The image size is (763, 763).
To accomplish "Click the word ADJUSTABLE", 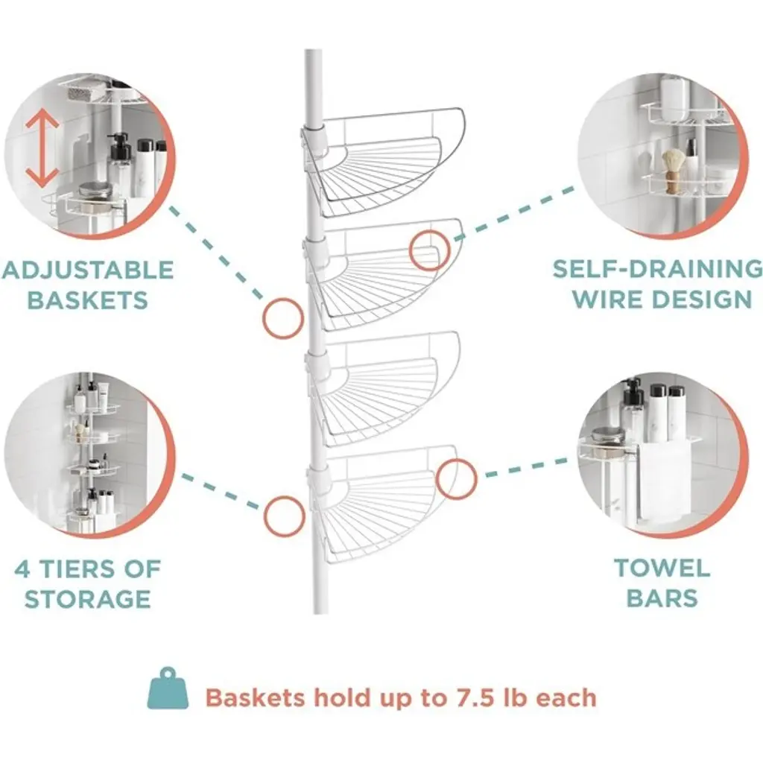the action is [x=88, y=270].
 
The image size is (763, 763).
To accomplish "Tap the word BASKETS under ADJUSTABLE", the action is [x=88, y=300].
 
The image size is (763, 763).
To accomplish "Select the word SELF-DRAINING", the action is [x=657, y=269].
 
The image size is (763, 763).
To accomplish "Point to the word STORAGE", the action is [x=88, y=598].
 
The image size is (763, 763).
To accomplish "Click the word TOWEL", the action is [x=662, y=568].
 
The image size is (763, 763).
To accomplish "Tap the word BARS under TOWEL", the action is [x=662, y=598].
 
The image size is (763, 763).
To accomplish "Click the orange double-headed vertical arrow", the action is [x=42, y=148].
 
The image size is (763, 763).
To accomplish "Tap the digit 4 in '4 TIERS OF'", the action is [x=22, y=569].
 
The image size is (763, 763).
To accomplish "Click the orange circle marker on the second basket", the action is [x=428, y=250].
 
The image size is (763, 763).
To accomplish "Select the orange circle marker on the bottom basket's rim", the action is [x=456, y=479].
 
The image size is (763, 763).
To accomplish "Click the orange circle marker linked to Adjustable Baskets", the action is [x=283, y=318].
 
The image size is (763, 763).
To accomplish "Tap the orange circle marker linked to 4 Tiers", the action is [x=284, y=516].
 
